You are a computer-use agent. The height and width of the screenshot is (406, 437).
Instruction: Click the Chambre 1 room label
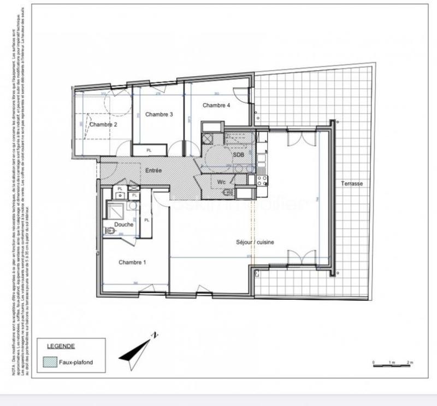click(x=132, y=263)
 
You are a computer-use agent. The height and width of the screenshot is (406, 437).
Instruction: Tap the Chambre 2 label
click(x=103, y=124)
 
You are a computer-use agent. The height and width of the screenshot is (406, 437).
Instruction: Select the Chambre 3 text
click(x=160, y=114)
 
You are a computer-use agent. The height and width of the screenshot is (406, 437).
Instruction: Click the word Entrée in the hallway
click(x=153, y=171)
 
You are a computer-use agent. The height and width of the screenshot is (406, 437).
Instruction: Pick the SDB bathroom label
click(x=238, y=155)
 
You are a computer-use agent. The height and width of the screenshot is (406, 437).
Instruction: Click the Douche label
click(x=123, y=225)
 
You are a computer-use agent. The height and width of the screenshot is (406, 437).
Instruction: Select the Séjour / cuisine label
click(x=255, y=242)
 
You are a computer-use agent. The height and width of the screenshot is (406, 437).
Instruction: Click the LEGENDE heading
click(x=61, y=346)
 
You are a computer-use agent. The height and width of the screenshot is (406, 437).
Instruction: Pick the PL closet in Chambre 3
click(x=149, y=150)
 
